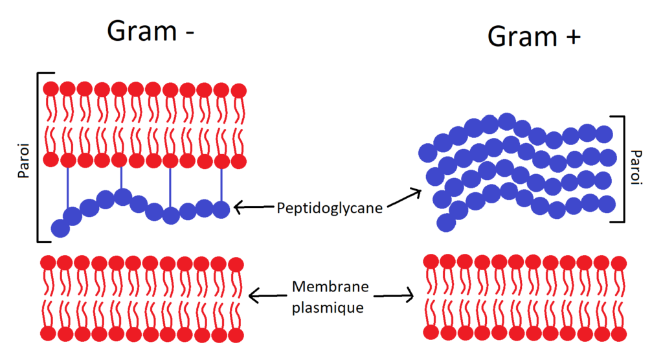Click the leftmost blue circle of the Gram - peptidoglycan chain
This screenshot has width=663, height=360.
click(60, 228)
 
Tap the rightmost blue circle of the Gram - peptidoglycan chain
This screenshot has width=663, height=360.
click(221, 209)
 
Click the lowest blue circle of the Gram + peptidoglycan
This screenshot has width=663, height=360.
click(446, 222)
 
